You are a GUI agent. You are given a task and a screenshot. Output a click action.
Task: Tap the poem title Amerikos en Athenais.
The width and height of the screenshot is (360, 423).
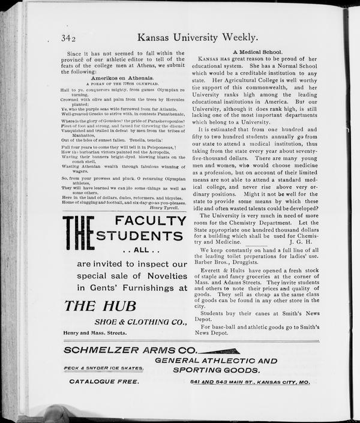pos(121,78)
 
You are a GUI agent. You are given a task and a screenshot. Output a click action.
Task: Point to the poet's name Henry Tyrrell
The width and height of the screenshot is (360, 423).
pos(169,208)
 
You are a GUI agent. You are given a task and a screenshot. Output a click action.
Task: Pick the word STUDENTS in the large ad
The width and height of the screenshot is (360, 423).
pos(140,235)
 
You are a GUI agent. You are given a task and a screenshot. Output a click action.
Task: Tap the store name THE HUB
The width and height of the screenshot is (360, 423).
pos(100,305)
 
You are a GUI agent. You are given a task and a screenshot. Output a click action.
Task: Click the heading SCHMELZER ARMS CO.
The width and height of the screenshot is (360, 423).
pos(130,349)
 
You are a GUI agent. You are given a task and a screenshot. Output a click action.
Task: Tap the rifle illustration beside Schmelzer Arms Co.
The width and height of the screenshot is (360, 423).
pos(218,350)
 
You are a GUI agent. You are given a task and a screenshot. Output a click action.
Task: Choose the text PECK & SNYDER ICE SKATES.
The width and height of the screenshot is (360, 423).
pos(104,368)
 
